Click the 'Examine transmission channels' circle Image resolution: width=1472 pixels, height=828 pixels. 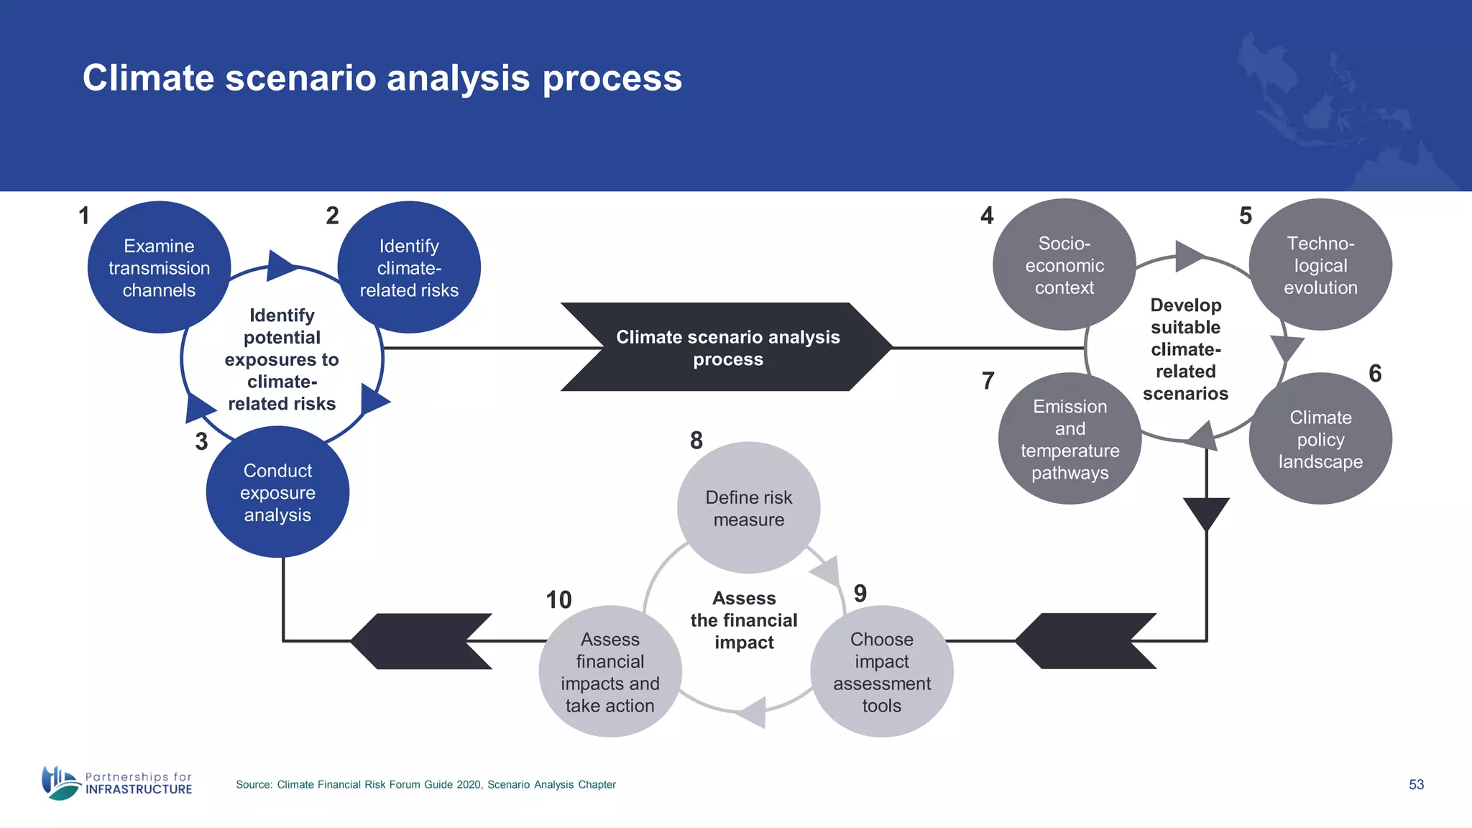(x=159, y=267)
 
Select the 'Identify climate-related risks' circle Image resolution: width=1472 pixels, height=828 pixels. (x=409, y=267)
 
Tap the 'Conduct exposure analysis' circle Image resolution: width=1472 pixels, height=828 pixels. (x=277, y=492)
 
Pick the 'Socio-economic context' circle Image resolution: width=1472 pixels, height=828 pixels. (x=1064, y=264)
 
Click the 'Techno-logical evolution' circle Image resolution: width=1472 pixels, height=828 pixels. (x=1320, y=264)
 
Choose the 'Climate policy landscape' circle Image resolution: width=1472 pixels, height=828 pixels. (x=1320, y=438)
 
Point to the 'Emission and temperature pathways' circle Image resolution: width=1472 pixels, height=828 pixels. (x=1069, y=438)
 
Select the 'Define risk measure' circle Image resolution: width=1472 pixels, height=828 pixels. (x=748, y=507)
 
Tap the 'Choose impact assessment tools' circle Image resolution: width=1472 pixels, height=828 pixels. (x=881, y=671)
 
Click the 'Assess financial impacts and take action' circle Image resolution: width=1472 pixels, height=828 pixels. (x=609, y=671)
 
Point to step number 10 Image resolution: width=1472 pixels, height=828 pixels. (x=558, y=599)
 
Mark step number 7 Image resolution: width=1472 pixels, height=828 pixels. (x=988, y=380)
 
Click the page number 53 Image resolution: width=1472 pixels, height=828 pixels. (x=1416, y=784)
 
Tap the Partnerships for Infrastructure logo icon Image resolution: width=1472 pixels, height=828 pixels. (x=60, y=782)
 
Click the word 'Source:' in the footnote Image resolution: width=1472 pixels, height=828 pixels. (x=254, y=785)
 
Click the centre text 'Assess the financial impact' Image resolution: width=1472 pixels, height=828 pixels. (x=744, y=620)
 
